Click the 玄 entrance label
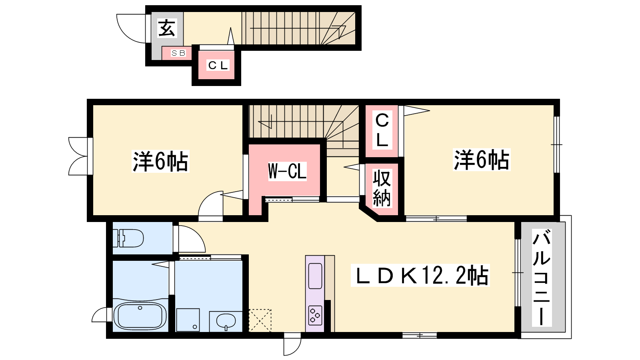(x=167, y=28)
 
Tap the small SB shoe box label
(x=178, y=53)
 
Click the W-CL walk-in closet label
(x=287, y=171)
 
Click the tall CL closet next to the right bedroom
(x=382, y=130)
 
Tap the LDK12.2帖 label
(x=420, y=275)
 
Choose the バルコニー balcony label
(x=542, y=278)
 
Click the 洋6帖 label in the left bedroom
(x=160, y=161)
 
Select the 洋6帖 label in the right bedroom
(x=482, y=160)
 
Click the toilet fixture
(x=128, y=238)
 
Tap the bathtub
(x=140, y=316)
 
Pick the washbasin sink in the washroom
(x=226, y=322)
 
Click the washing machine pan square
(x=188, y=320)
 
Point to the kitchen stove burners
(x=315, y=315)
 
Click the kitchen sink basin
(x=315, y=276)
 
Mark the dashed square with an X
(x=260, y=320)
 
